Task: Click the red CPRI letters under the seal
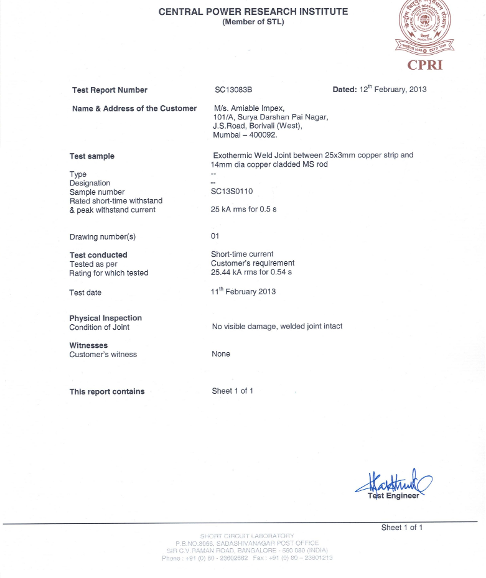pos(425,65)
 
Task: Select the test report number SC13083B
pos(233,90)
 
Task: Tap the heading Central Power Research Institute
pos(253,12)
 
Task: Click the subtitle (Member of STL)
pos(253,22)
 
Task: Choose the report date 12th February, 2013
pos(393,90)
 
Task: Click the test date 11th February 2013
pos(243,291)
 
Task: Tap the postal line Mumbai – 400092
pos(245,134)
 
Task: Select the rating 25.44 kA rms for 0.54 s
pos(251,273)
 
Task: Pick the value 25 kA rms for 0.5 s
pos(244,210)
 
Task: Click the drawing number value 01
pos(215,236)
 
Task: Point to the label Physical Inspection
pos(106,318)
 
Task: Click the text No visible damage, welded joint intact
pos(277,326)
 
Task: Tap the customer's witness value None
pos(221,354)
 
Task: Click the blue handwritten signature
pos(394,483)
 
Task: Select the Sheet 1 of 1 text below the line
pos(402,528)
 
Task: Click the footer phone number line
pos(247,558)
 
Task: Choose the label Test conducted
pos(98,255)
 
